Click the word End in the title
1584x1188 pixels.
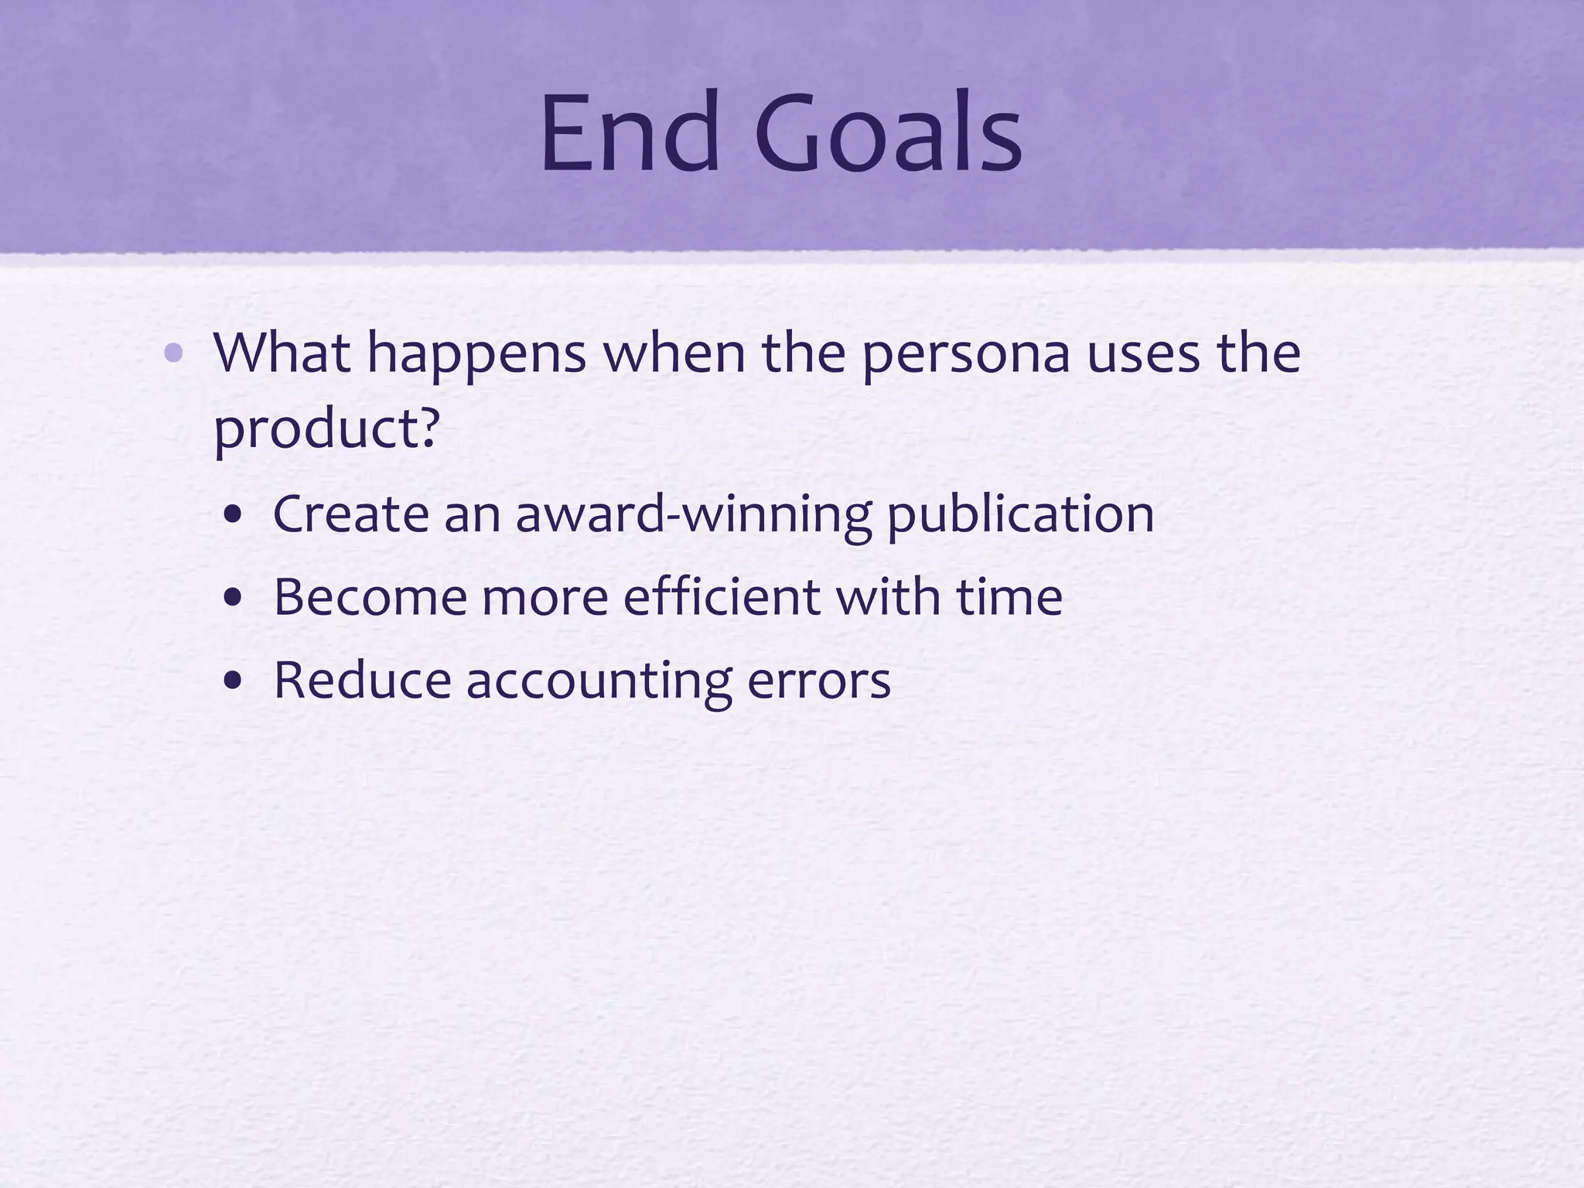[x=629, y=132]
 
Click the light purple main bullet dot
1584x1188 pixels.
[x=174, y=354]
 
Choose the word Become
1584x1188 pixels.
[x=370, y=597]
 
